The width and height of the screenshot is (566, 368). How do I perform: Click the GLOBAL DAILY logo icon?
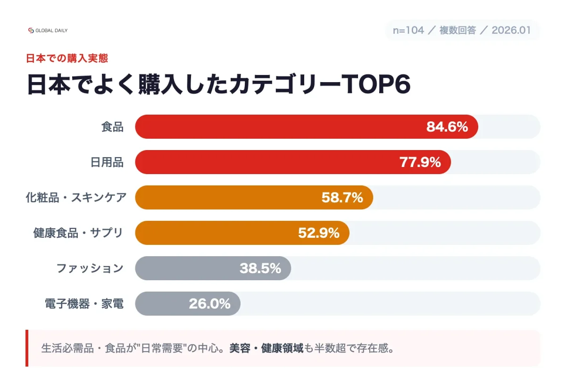point(31,31)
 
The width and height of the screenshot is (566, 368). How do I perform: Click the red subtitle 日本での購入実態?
point(67,59)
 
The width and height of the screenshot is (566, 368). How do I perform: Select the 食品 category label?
point(112,127)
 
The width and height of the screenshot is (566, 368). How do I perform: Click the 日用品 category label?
point(107,162)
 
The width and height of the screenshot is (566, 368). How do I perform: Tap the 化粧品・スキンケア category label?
point(76,198)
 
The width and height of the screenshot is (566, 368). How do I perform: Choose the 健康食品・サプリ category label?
point(78,233)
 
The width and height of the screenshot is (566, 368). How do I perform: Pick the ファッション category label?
point(90,268)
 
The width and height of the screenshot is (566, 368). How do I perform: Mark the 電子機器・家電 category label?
point(84,303)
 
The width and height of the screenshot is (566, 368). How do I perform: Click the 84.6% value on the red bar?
point(447,127)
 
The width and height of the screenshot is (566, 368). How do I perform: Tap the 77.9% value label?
point(420,162)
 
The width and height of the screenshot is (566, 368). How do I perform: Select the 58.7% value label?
point(342,198)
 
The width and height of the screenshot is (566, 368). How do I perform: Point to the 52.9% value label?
point(319,233)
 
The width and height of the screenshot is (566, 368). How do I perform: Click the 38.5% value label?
point(260,268)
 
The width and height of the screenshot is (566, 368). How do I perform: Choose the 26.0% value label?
point(210,303)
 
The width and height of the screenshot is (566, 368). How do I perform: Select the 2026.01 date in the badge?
point(511,30)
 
